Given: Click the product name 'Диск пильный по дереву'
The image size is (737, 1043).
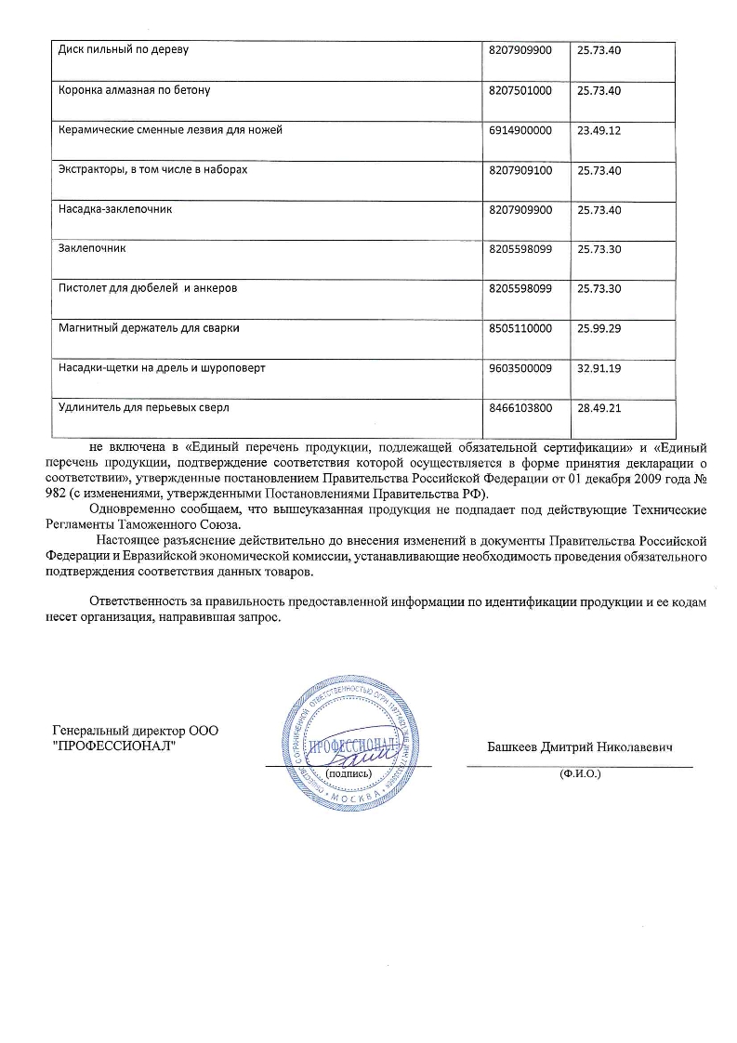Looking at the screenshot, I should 124,50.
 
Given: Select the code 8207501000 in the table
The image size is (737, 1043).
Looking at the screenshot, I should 520,90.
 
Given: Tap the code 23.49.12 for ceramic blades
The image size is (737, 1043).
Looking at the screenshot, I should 599,130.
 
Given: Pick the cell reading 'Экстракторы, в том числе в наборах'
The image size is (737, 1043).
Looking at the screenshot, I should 153,170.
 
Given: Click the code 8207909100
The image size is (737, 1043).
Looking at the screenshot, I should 520,170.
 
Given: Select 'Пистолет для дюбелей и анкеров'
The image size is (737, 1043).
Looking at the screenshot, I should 148,289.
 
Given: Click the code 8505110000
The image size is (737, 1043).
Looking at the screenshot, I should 520,329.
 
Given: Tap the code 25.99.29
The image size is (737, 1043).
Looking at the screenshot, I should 599,329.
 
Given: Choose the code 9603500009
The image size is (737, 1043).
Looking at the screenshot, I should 520,369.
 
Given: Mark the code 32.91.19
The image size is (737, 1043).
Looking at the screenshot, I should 599,369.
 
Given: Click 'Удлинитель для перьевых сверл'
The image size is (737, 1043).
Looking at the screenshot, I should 143,408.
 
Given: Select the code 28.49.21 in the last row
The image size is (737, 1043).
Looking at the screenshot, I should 599,408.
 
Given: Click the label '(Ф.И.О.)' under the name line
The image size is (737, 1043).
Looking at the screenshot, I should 580,773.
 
